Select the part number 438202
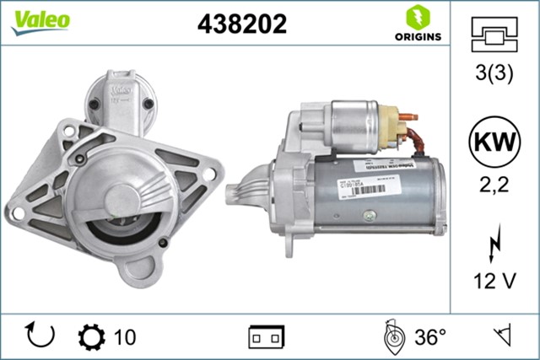click(x=242, y=24)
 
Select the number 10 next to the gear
click(x=123, y=337)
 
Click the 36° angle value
click(x=429, y=337)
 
